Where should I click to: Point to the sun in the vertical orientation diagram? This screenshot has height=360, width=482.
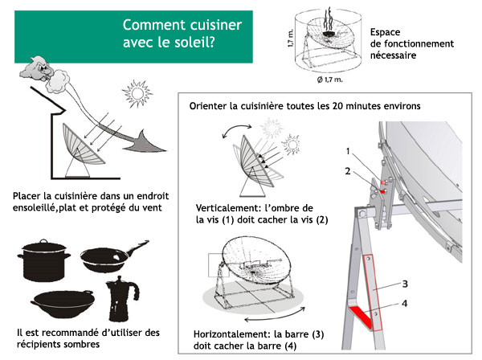[x=268, y=131]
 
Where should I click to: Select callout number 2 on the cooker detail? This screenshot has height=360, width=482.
[x=348, y=170]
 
